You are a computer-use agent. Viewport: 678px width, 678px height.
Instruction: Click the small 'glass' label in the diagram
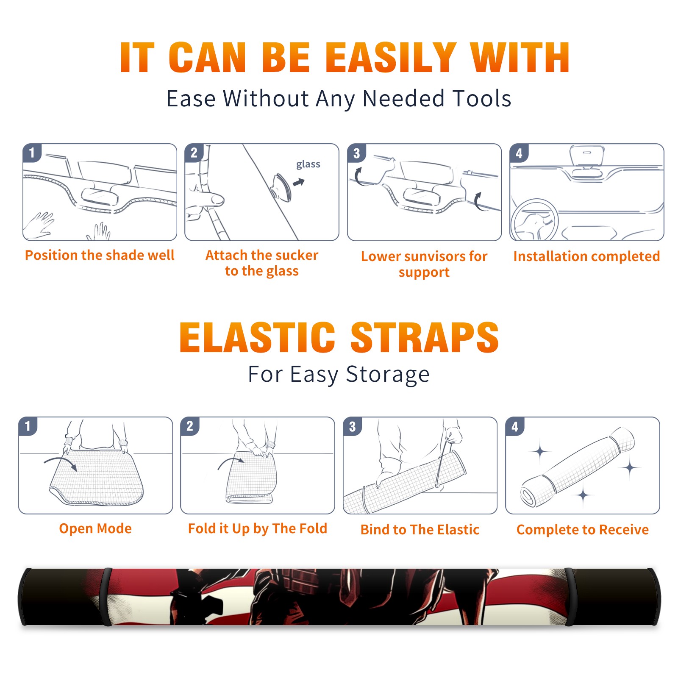pyautogui.click(x=308, y=164)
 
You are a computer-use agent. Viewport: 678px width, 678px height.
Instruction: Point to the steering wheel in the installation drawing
pyautogui.click(x=534, y=220)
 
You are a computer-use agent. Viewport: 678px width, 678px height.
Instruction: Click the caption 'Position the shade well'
pyautogui.click(x=100, y=255)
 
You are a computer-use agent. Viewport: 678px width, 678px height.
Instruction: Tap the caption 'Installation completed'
pyautogui.click(x=586, y=256)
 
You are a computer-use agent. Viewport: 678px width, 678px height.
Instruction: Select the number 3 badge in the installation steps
pyautogui.click(x=356, y=153)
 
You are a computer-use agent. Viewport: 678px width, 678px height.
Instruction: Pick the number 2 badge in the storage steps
pyautogui.click(x=190, y=426)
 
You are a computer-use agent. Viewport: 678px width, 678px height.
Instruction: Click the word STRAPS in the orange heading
pyautogui.click(x=425, y=337)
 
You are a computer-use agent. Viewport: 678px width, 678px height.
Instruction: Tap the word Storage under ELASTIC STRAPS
pyautogui.click(x=388, y=375)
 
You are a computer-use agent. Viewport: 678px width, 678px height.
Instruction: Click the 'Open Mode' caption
pyautogui.click(x=95, y=528)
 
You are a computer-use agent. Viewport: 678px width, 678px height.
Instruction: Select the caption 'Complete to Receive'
pyautogui.click(x=583, y=530)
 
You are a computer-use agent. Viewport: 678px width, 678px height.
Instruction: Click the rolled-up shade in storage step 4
pyautogui.click(x=578, y=467)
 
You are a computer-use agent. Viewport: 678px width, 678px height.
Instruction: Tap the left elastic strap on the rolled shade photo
pyautogui.click(x=107, y=597)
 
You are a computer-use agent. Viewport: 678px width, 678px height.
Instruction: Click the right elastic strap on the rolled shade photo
pyautogui.click(x=570, y=597)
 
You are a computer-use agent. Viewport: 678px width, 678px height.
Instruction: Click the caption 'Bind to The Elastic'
pyautogui.click(x=420, y=530)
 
